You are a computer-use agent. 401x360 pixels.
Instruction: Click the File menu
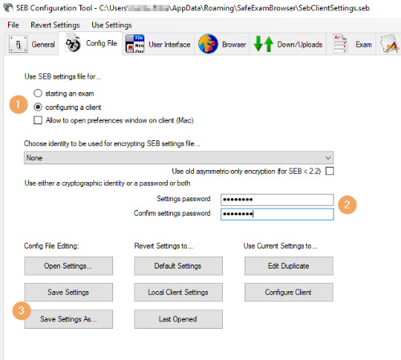coord(14,26)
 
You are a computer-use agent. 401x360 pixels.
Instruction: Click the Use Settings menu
coord(111,26)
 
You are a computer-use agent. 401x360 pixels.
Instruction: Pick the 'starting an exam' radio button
coord(38,93)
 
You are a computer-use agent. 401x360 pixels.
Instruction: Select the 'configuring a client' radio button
coord(38,107)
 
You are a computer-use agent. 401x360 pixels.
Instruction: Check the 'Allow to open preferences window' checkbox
coord(38,120)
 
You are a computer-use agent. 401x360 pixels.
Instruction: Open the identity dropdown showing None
coord(179,158)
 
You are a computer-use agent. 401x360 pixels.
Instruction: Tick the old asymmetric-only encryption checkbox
coord(329,172)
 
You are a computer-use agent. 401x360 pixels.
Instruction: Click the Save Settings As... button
coord(68,318)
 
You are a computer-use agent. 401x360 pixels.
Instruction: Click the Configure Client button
coord(288,292)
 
